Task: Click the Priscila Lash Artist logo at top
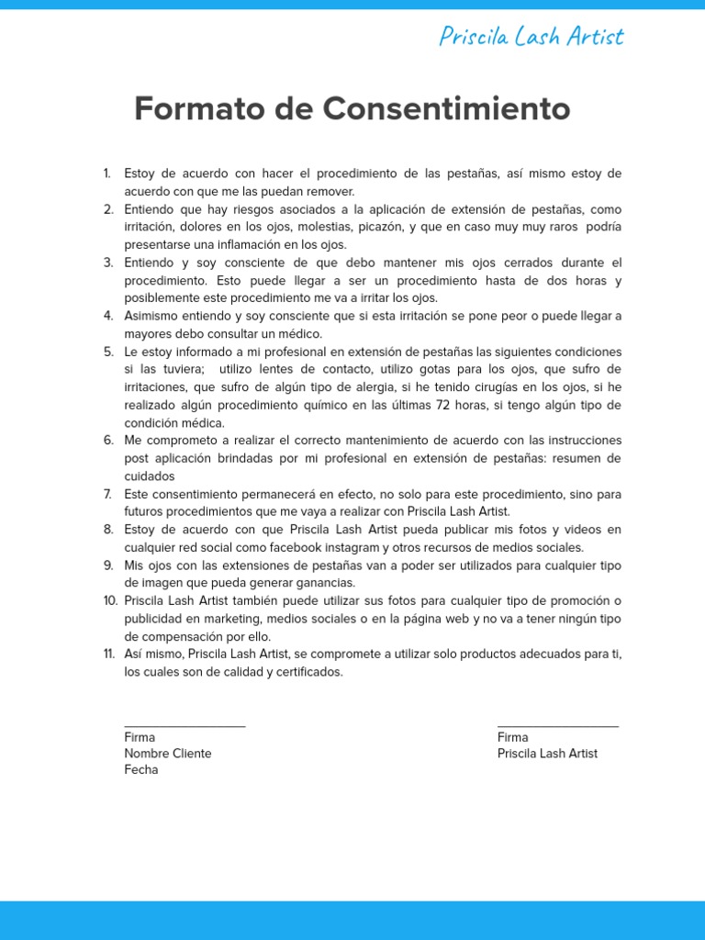[x=531, y=36]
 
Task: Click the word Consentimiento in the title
[x=446, y=108]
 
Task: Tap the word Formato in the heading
[x=196, y=108]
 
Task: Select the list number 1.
[x=107, y=173]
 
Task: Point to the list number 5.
[x=108, y=352]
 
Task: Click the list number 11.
[x=108, y=654]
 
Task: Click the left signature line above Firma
[x=185, y=726]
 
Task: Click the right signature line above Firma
[x=557, y=726]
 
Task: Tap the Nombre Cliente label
[x=168, y=754]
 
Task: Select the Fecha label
[x=141, y=770]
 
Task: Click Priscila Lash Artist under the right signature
[x=547, y=754]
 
